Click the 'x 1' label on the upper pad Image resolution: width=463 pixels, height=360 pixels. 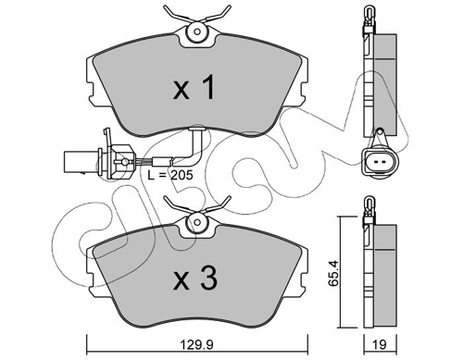click(x=194, y=88)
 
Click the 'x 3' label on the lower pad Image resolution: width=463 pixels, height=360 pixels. click(x=195, y=279)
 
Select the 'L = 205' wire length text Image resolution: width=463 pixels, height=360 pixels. click(x=170, y=175)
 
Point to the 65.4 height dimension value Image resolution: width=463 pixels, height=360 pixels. click(x=333, y=274)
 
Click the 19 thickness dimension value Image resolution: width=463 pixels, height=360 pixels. click(x=380, y=344)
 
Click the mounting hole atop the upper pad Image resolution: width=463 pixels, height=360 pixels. click(x=197, y=31)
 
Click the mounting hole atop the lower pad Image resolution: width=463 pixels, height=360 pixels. click(x=197, y=222)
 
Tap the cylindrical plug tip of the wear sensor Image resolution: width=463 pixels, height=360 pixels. click(x=81, y=161)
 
